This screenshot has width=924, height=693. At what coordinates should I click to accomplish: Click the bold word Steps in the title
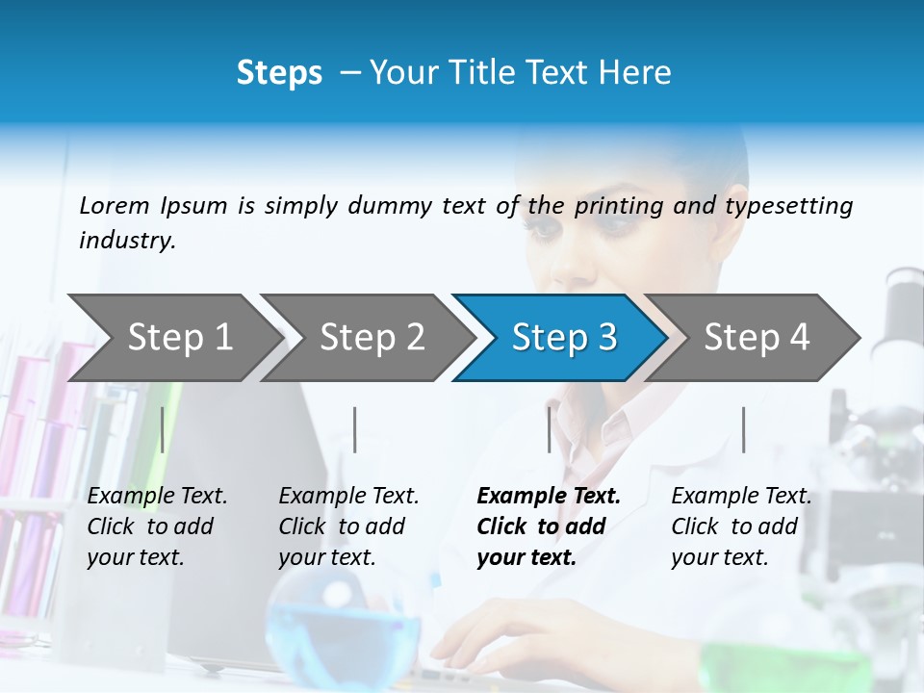(x=279, y=73)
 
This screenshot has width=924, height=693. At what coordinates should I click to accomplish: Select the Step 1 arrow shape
(x=173, y=337)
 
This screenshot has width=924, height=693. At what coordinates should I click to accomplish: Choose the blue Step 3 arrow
(x=562, y=337)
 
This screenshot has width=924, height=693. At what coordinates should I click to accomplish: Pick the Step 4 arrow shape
(x=755, y=337)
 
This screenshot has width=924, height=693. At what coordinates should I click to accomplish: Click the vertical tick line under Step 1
(x=163, y=429)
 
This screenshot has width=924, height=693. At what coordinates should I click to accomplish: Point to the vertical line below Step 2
(x=355, y=429)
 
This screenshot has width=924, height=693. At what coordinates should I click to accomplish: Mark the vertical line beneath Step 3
(x=550, y=429)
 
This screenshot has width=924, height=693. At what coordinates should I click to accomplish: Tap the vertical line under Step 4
(x=743, y=429)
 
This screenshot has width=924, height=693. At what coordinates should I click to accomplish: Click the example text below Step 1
(x=157, y=526)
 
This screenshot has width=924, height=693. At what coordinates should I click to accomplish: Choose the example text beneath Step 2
(x=348, y=526)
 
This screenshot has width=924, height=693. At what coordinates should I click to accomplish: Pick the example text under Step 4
(x=741, y=526)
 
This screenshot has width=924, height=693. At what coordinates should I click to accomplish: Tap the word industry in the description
(x=127, y=241)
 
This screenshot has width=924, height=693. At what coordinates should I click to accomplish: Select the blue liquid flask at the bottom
(x=342, y=630)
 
